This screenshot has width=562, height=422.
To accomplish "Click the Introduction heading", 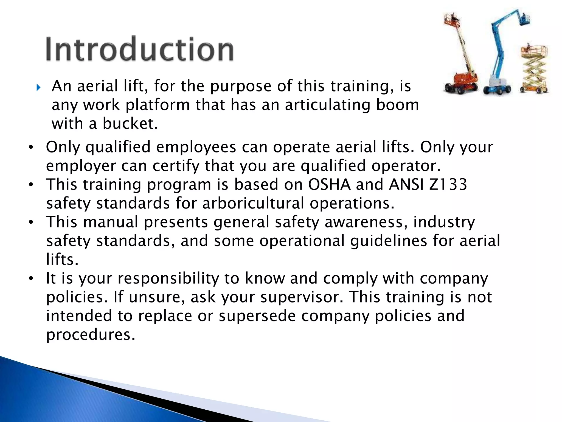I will [x=140, y=49].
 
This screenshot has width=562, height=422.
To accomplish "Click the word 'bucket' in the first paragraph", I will [x=130, y=123].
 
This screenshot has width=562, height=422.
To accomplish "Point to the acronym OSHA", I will [x=329, y=184].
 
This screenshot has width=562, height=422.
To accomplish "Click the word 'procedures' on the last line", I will [x=91, y=335].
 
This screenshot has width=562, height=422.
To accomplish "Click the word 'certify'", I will [x=176, y=166].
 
